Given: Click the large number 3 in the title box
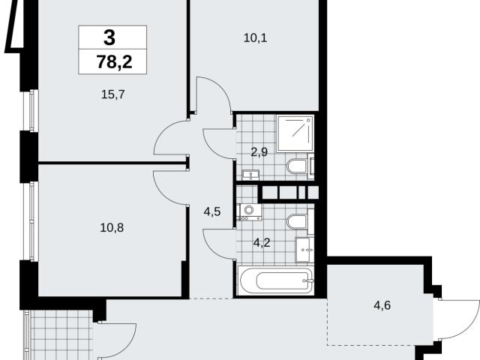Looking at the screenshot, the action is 109,37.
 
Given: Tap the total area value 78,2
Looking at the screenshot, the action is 114,61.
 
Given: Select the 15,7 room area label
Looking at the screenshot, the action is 113,94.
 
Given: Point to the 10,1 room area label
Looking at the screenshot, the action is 255,38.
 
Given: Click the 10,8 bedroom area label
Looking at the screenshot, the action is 112,228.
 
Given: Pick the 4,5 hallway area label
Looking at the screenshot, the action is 212,211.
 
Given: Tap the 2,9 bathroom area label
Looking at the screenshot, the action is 259,151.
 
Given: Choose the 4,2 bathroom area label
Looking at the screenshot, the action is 262,242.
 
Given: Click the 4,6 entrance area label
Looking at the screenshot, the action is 382,305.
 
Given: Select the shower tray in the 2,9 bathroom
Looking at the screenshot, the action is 295,133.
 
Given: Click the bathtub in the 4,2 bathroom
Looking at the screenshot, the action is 276,280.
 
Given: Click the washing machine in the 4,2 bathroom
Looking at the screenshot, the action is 250,211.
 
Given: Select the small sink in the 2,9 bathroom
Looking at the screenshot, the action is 250,175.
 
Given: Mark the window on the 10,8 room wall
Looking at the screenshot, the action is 31,221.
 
